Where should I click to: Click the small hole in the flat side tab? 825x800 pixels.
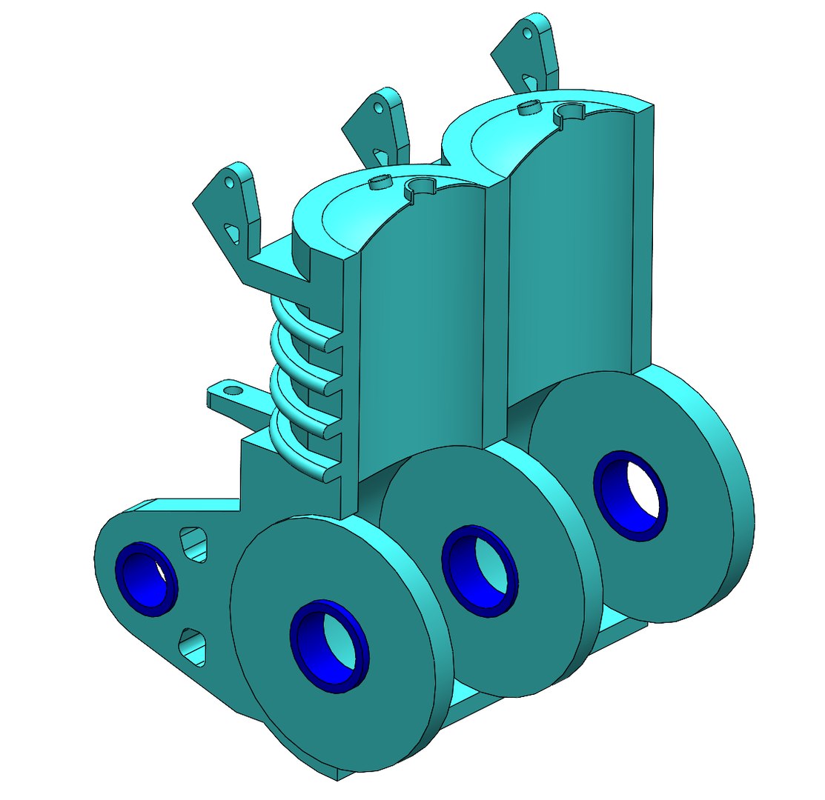pos(233,389)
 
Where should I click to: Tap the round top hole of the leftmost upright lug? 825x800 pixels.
pos(229,180)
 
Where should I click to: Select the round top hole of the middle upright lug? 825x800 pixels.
pos(377,107)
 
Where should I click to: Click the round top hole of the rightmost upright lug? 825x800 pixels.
pos(527,33)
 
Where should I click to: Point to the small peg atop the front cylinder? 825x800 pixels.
pos(380,182)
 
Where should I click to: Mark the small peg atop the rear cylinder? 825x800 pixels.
pos(530,108)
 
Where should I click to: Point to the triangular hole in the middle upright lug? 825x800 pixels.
pos(381,157)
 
